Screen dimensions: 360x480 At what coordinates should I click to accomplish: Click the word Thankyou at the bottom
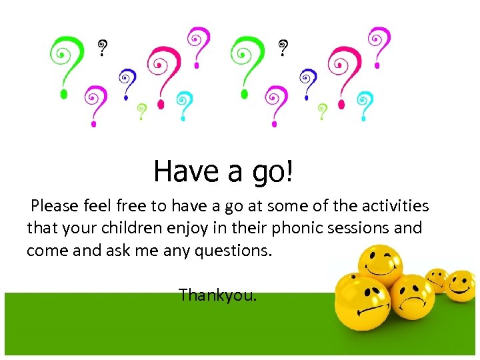[217, 295]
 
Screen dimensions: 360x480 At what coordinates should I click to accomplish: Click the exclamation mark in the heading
[289, 171]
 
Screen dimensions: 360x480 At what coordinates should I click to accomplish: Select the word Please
[55, 205]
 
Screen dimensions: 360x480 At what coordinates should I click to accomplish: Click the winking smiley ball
[380, 264]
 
